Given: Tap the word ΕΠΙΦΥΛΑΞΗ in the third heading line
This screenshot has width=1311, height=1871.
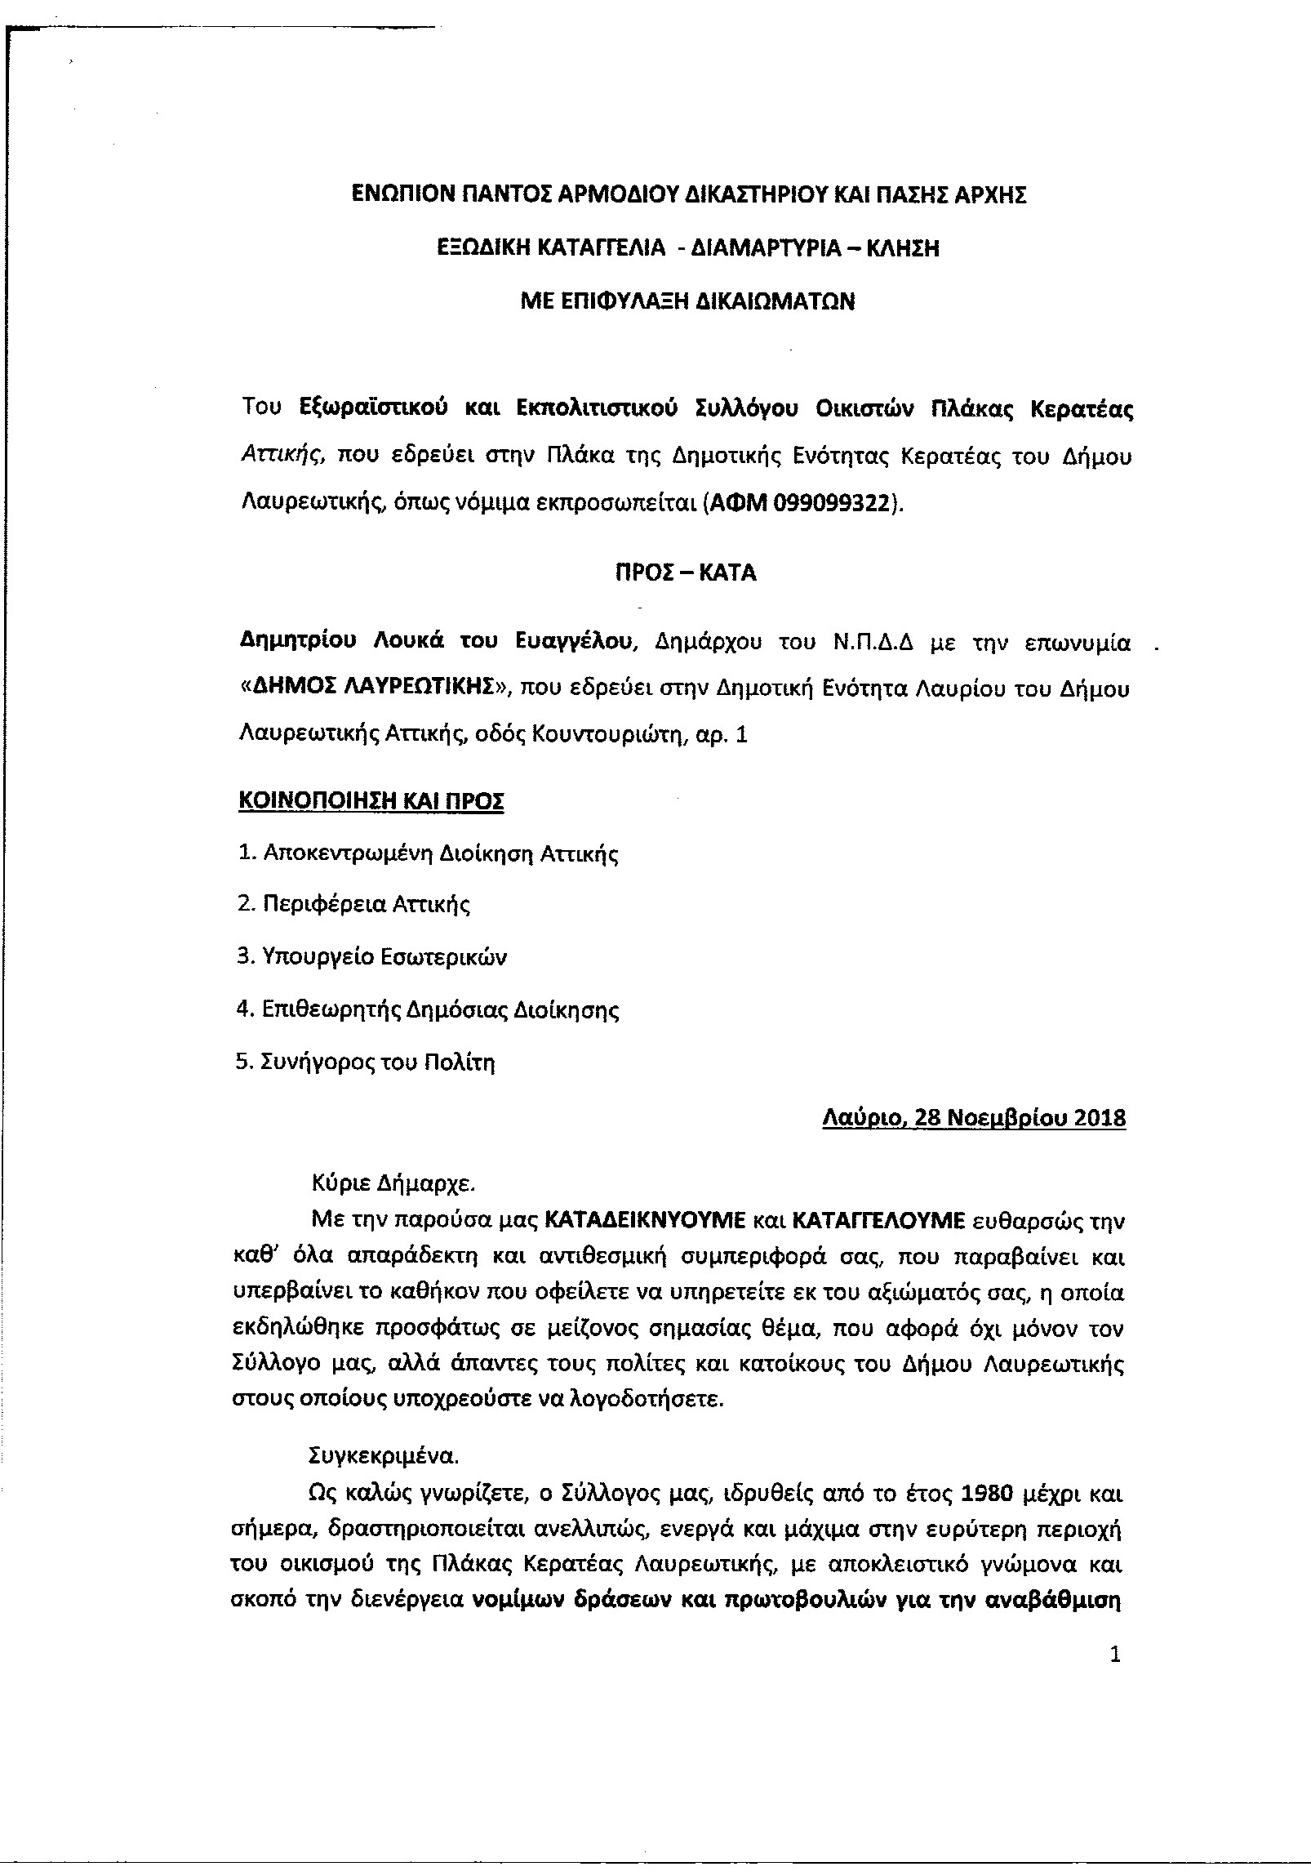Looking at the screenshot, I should (x=634, y=301).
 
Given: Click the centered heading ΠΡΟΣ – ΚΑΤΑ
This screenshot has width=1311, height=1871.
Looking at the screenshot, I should (x=686, y=572).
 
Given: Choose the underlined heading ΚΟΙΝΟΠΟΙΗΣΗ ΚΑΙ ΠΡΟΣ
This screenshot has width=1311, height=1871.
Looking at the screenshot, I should (x=371, y=801).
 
